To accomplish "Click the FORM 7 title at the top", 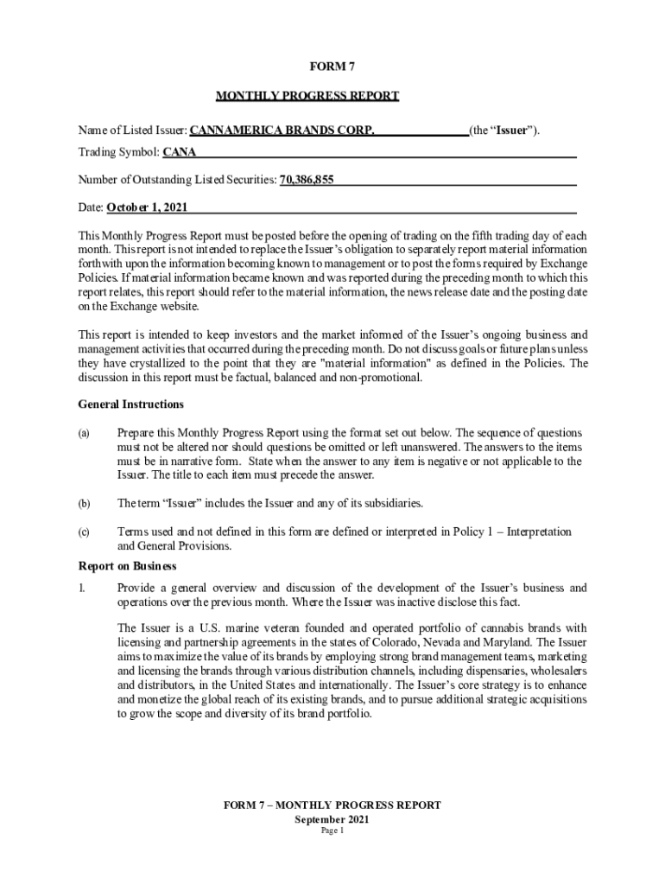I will click(x=332, y=66).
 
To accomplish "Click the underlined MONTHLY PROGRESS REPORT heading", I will click(x=307, y=96).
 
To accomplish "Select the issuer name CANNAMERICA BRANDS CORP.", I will click(x=282, y=131).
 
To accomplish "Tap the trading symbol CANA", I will click(x=180, y=153).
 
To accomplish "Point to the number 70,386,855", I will click(x=307, y=180).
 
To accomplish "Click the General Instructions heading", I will click(x=130, y=404).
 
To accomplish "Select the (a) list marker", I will click(x=84, y=433).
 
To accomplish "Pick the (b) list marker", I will click(x=84, y=503).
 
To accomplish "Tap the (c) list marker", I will click(x=84, y=532).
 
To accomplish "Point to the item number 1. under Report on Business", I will click(x=82, y=589).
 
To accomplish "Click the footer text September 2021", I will click(x=332, y=818).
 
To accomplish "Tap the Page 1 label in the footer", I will click(x=332, y=831).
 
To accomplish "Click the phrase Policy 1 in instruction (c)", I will click(x=473, y=532).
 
